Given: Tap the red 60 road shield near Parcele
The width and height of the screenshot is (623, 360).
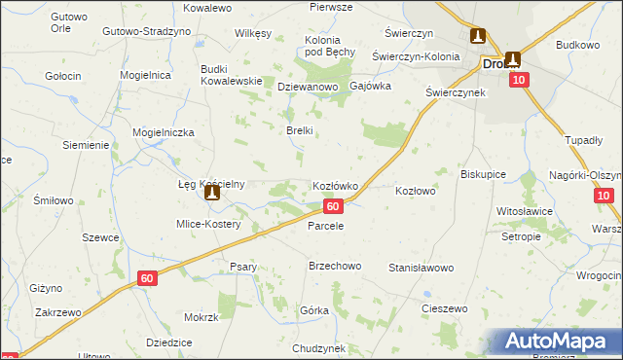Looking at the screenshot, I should tap(333, 206).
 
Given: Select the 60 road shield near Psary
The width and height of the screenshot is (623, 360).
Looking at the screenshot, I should tap(146, 278).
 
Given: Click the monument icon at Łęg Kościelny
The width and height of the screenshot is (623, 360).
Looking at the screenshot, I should tap(211, 194).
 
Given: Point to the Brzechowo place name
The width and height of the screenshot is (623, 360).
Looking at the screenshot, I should tap(335, 266).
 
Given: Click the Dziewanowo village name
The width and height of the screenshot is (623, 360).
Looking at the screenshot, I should tap(307, 87).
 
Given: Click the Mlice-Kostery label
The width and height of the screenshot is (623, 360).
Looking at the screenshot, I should tap(208, 224).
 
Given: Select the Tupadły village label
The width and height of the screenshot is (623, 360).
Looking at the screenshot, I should tap(584, 140).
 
